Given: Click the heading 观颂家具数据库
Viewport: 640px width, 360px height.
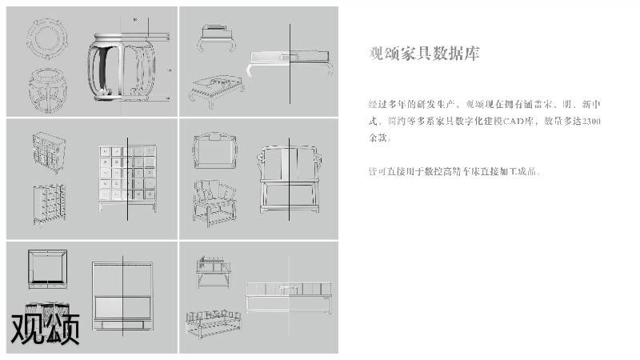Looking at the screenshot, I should click(x=424, y=54).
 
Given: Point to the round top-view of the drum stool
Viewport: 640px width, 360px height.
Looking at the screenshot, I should click(x=50, y=38).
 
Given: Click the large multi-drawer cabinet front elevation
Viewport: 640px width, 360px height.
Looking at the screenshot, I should click(x=126, y=178).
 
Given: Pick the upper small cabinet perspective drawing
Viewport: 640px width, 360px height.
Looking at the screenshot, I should click(x=49, y=152).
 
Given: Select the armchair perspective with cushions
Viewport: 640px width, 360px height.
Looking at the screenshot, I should click(x=214, y=202).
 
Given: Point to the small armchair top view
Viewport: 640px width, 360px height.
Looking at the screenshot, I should click(x=215, y=150).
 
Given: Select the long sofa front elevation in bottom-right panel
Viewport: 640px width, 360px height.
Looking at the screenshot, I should click(x=289, y=298).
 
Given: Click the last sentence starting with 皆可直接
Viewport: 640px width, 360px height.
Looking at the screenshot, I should click(x=454, y=171).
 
